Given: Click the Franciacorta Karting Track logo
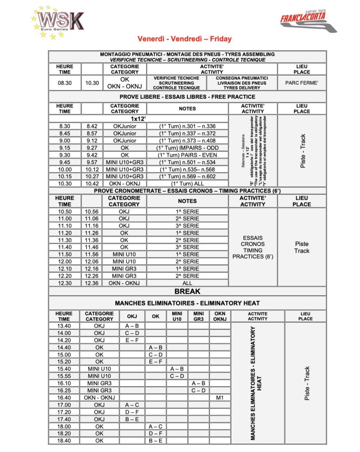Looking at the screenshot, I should tap(308, 22).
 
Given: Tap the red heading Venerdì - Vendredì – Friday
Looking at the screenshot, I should tap(184, 39).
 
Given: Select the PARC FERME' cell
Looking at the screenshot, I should tap(302, 83).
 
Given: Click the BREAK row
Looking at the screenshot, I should tap(187, 291).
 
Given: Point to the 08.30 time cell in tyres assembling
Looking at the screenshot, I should tap(64, 83).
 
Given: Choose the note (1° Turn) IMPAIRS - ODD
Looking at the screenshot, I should tap(187, 147).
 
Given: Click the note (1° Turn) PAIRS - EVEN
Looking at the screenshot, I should tap(187, 154).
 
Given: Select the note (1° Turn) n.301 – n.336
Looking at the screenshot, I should tap(187, 126).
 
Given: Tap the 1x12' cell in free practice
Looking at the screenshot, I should tap(138, 119).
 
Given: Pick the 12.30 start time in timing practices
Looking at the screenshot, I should tap(64, 283).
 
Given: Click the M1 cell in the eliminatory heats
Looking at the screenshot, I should tap(219, 397).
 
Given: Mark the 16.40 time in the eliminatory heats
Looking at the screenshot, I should tap(64, 397).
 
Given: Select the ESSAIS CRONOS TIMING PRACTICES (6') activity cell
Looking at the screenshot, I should tap(253, 247).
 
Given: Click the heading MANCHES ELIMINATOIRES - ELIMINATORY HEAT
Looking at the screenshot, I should tap(187, 303).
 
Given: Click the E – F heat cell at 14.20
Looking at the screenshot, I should tap(131, 340).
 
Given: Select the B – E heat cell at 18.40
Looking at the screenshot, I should tap(155, 440).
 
